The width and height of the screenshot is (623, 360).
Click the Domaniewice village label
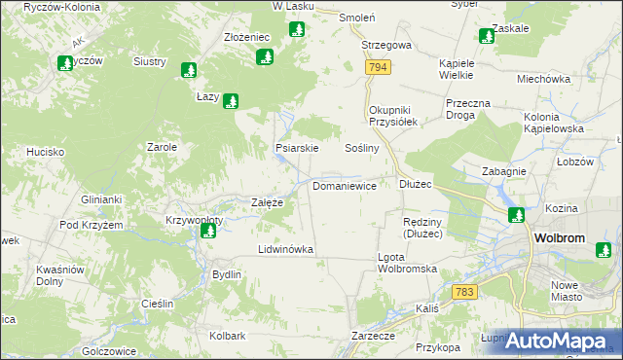point(345,185)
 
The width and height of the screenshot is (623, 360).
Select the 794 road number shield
point(379,67)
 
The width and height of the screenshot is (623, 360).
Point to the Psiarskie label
point(297,149)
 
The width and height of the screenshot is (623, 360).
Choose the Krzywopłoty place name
point(195,220)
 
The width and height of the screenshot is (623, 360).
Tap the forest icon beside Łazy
point(231,100)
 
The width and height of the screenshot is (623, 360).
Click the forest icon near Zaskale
point(487,37)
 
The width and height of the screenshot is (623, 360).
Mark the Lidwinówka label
point(285,249)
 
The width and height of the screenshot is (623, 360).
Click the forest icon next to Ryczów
point(64,64)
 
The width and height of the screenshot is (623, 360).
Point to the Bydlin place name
point(227,274)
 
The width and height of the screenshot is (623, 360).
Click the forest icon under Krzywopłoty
point(195,232)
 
